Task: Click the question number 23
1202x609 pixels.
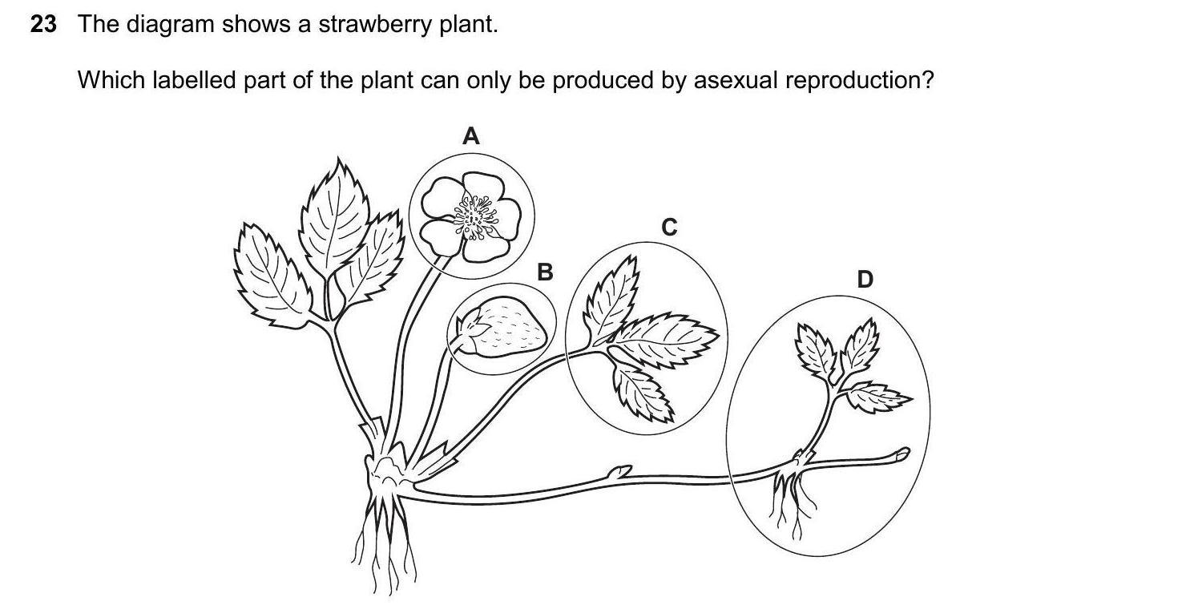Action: point(43,25)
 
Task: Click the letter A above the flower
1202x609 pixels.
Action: point(471,137)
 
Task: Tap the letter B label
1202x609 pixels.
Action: point(545,272)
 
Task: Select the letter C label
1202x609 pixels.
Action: point(669,228)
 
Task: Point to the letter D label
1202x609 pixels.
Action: point(865,280)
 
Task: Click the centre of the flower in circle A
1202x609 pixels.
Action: point(475,217)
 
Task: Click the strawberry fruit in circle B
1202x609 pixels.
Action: point(510,328)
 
